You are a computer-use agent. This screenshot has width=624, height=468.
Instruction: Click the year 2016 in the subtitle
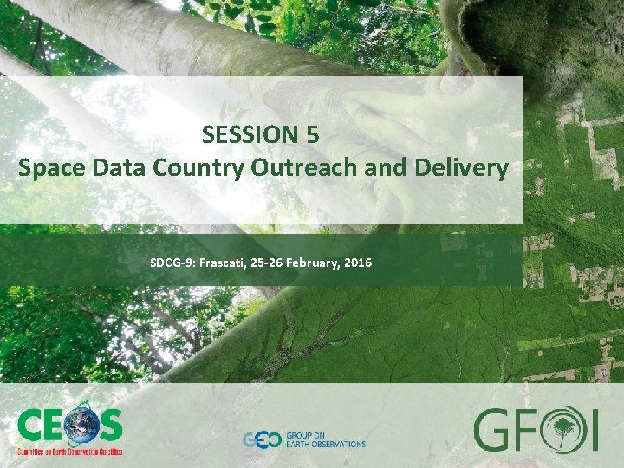[357, 261]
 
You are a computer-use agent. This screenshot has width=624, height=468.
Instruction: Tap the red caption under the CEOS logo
[70, 452]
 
